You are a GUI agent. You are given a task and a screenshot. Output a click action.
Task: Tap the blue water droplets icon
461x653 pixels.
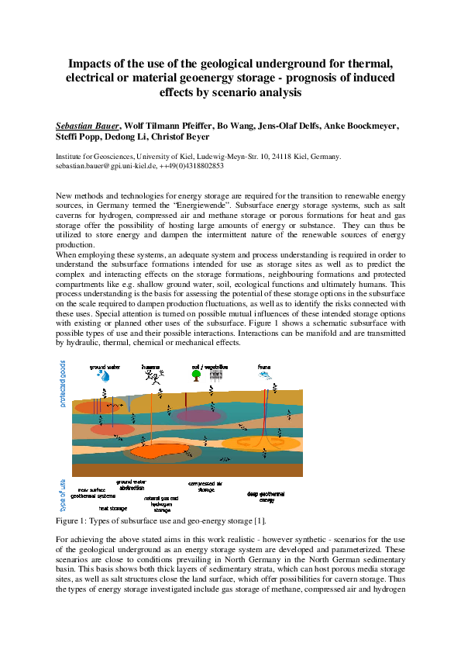103,376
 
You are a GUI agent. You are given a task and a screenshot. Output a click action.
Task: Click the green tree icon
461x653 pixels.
198,376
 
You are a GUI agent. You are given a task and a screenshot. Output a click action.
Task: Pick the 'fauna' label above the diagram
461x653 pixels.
265,365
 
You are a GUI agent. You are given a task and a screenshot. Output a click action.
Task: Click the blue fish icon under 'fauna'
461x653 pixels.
266,375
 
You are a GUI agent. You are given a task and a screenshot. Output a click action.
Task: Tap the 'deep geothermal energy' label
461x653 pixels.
266,496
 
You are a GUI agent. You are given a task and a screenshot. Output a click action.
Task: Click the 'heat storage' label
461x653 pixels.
112,508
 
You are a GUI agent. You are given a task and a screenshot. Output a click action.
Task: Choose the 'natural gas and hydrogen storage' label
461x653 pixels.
161,504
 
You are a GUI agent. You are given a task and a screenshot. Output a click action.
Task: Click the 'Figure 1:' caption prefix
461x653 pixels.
75,521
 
